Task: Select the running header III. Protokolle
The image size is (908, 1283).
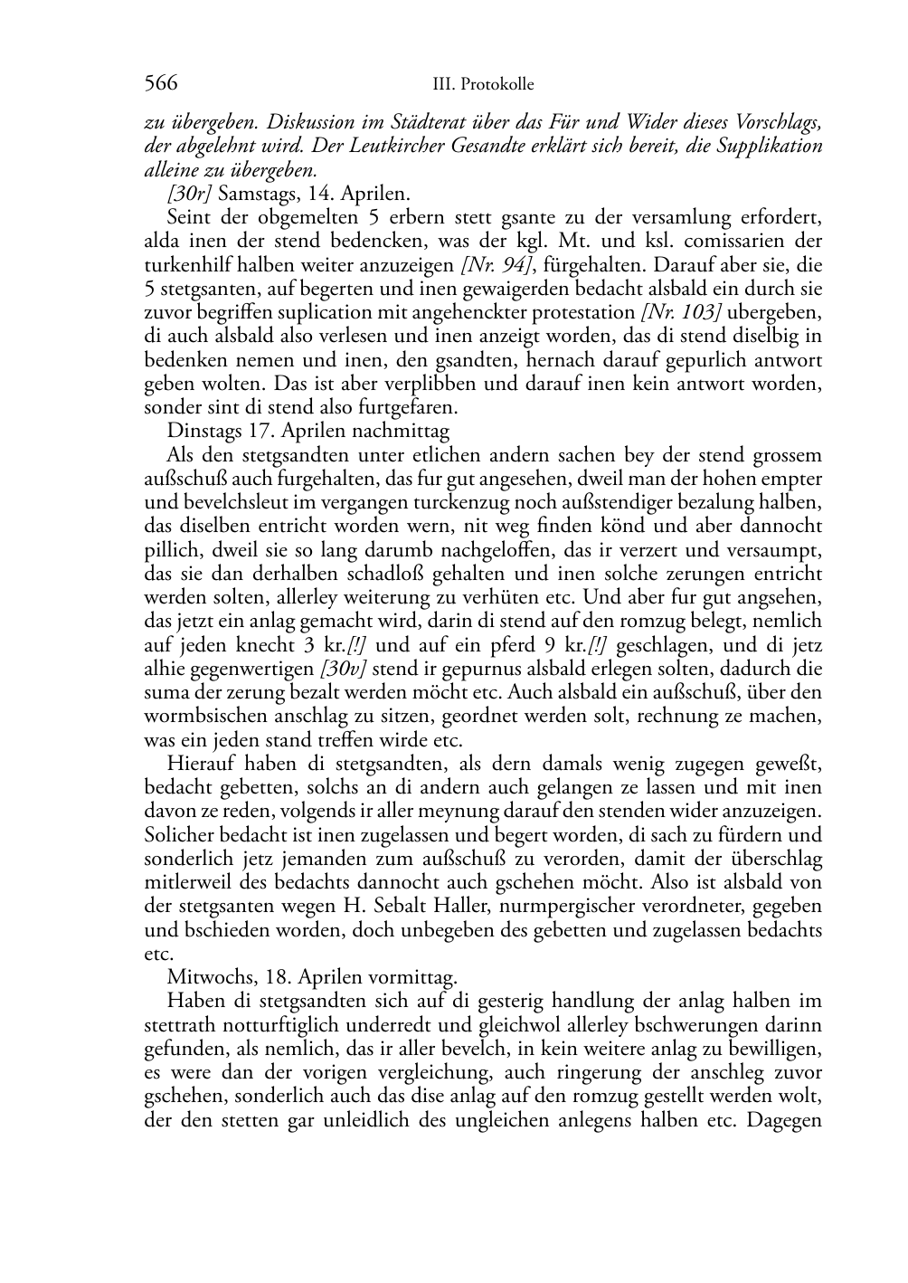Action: click(483, 84)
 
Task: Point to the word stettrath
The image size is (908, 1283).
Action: click(179, 1025)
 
